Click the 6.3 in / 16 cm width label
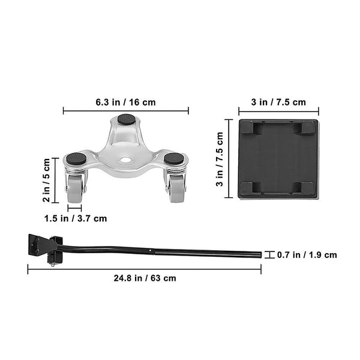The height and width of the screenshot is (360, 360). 125,102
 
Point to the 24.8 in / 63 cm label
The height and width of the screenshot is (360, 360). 145,278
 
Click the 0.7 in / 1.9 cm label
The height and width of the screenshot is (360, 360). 307,255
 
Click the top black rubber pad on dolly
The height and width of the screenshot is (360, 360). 126,119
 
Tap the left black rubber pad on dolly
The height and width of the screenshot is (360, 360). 76,159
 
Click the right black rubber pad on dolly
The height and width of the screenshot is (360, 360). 175,159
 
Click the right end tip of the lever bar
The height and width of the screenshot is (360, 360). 259,255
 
